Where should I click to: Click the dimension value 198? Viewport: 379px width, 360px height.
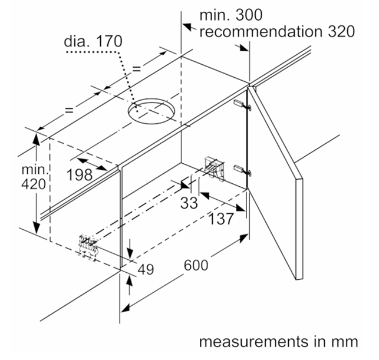pyautogui.click(x=80, y=174)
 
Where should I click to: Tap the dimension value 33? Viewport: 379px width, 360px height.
pyautogui.click(x=189, y=203)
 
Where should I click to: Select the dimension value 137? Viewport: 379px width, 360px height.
pyautogui.click(x=220, y=219)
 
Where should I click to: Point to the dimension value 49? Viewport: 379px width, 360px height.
pyautogui.click(x=146, y=269)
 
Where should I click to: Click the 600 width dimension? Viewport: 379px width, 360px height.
pyautogui.click(x=196, y=265)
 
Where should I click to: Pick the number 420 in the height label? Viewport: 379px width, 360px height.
pyautogui.click(x=34, y=184)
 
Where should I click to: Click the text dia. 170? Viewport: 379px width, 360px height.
pyautogui.click(x=93, y=41)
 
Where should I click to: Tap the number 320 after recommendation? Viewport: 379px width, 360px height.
pyautogui.click(x=341, y=31)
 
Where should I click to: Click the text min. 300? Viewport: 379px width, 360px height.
pyautogui.click(x=231, y=15)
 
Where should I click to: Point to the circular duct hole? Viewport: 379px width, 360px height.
pyautogui.click(x=151, y=111)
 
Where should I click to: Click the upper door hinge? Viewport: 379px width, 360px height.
pyautogui.click(x=242, y=105)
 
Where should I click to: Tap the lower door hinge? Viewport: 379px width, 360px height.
pyautogui.click(x=242, y=169)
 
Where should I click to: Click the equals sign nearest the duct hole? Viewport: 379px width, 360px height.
pyautogui.click(x=137, y=69)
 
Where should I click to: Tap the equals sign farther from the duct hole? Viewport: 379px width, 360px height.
pyautogui.click(x=69, y=110)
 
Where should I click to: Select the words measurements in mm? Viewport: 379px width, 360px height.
pyautogui.click(x=278, y=342)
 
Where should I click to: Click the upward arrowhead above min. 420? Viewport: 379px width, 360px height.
pyautogui.click(x=37, y=140)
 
